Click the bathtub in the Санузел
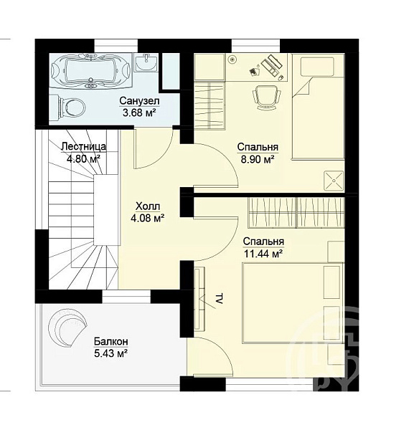coord(90,70)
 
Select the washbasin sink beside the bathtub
coord(146,62)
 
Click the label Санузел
coord(139,101)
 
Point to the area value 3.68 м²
coord(139,113)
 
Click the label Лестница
coord(83,146)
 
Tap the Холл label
coord(148,206)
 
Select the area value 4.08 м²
coord(148,218)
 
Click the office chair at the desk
coord(267,97)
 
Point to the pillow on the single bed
coord(317,67)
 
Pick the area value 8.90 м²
coord(258,159)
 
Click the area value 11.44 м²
coord(263,254)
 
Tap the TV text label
coord(219,299)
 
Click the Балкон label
coord(111,341)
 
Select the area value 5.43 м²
coord(111,353)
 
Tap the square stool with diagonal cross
coord(334,181)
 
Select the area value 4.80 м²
coord(83,158)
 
